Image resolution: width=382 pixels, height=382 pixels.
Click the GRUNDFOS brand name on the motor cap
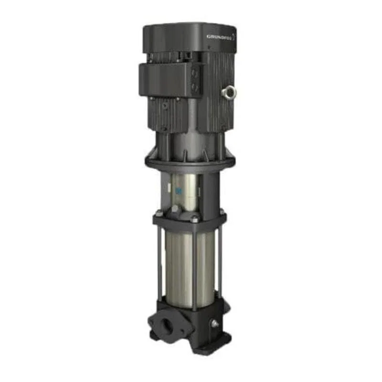[x=219, y=37]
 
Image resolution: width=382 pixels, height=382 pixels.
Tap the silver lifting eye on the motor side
[x=229, y=92]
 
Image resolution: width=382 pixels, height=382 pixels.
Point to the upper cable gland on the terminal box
[x=195, y=73]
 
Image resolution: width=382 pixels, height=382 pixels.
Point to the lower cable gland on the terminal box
[x=194, y=86]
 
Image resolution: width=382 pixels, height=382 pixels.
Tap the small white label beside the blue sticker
[x=170, y=188]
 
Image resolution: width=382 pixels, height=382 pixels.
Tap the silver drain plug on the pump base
[x=215, y=324]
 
